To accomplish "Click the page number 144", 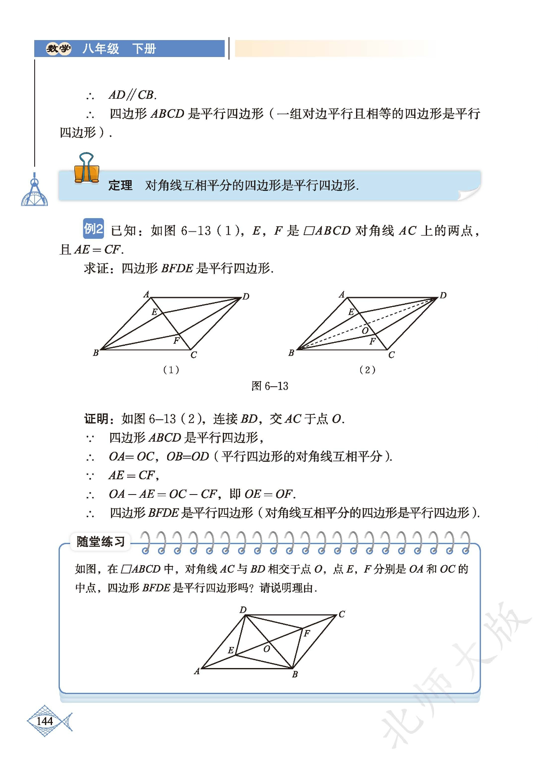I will (45, 721).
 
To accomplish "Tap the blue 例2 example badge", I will (93, 228).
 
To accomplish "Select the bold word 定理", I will (120, 185).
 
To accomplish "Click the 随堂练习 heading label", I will (100, 541).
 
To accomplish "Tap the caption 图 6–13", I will (270, 386).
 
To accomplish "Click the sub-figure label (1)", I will (171, 369).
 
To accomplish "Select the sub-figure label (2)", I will (367, 369).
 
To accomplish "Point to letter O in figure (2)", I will (365, 331).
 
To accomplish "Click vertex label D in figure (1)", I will (246, 296).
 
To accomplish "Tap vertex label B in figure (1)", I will (96, 353).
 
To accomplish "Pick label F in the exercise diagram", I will (307, 633).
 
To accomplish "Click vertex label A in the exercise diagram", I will (197, 671).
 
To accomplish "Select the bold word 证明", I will (96, 419).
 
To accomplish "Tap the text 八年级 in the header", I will (101, 49).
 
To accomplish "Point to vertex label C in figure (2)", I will (391, 355).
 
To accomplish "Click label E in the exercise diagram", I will (231, 650).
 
